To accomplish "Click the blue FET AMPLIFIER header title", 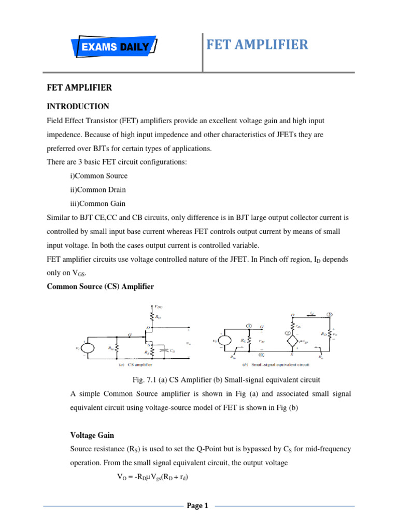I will click(257, 45).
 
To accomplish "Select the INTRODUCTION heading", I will click(78, 107).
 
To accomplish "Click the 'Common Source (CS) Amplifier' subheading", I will click(100, 286).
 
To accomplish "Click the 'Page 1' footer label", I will click(197, 506).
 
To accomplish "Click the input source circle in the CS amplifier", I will click(86, 348).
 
